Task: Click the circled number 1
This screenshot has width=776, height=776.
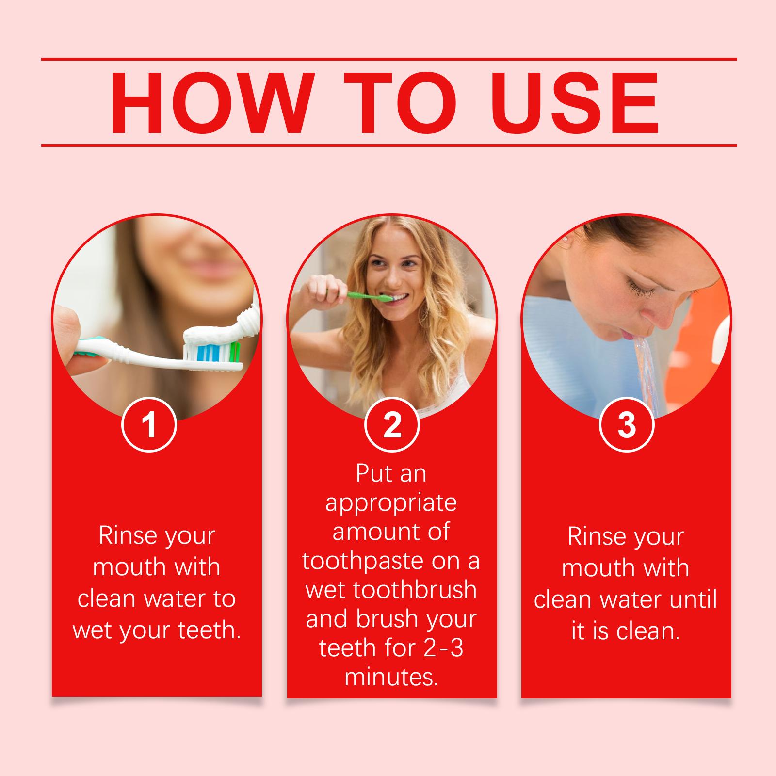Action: pos(149,425)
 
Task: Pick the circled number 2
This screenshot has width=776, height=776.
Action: pos(392,425)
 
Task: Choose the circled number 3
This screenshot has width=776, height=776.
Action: pos(627,425)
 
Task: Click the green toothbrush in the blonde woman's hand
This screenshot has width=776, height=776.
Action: pos(361,294)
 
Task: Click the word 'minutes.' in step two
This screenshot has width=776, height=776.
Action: pos(391,677)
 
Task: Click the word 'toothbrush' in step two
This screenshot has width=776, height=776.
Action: pos(415,590)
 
